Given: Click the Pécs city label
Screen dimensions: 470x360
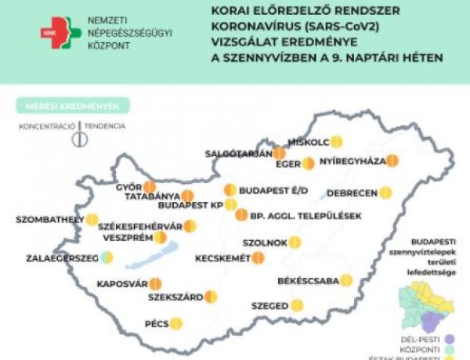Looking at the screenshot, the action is [x=157, y=323].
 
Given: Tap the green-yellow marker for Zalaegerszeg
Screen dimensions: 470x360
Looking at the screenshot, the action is [x=107, y=257].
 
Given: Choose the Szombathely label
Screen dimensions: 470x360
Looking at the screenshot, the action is [x=49, y=219].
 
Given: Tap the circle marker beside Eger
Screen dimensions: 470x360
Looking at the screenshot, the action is [x=309, y=164].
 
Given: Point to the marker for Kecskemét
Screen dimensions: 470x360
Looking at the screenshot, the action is [x=258, y=257].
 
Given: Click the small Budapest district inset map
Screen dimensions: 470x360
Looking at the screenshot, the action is [x=424, y=305].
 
